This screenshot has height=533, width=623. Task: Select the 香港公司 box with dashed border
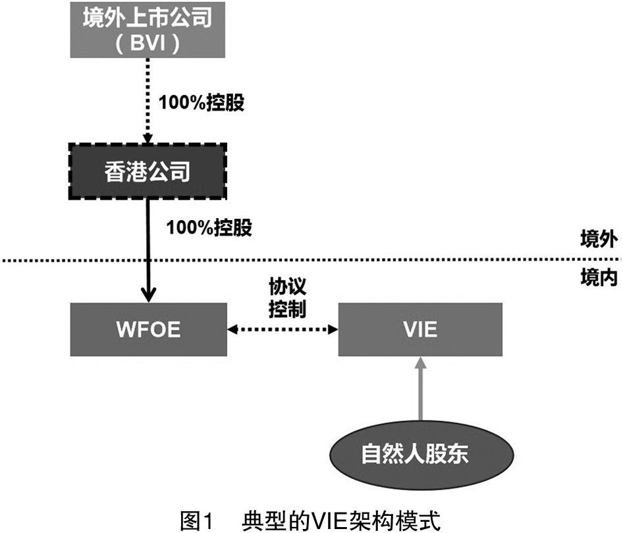tap(148, 171)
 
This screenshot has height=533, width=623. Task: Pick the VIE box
tap(421, 329)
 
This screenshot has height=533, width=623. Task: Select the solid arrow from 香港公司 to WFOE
tap(148, 244)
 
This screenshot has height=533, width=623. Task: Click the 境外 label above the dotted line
tap(598, 240)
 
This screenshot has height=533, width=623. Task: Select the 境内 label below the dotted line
tap(598, 279)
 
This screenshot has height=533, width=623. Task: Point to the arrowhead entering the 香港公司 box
tap(148, 138)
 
